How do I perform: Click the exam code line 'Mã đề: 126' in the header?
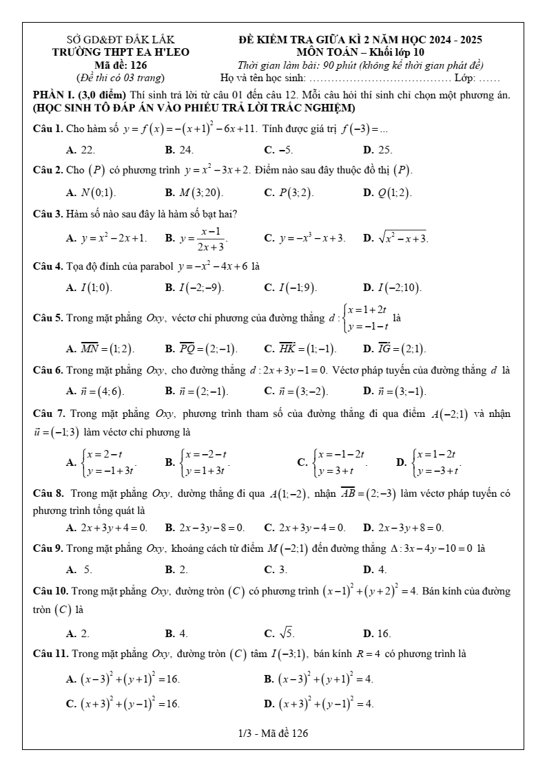tap(121, 65)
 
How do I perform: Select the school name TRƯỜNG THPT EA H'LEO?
tap(121, 52)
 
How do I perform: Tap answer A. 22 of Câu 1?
tap(81, 149)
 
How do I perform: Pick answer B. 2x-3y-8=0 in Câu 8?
tap(205, 528)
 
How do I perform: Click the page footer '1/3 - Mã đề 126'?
tap(273, 733)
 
